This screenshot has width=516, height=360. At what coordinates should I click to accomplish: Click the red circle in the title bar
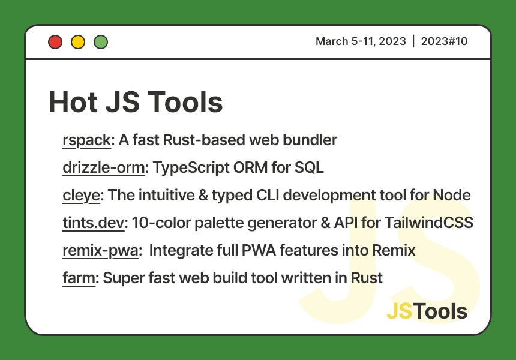click(55, 42)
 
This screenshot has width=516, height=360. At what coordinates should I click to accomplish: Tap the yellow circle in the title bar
click(78, 42)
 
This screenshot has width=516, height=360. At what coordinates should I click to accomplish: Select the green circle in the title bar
click(101, 42)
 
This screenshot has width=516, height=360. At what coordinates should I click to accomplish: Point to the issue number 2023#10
click(444, 41)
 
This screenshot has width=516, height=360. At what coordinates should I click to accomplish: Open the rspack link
click(86, 140)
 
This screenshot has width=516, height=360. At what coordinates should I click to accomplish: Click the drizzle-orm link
click(104, 168)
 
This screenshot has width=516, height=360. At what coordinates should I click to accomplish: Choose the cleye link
click(81, 196)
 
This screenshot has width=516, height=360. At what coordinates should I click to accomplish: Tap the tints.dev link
click(93, 223)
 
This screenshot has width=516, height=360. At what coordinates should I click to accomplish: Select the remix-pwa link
click(100, 251)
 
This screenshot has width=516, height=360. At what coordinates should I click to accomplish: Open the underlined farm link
click(79, 278)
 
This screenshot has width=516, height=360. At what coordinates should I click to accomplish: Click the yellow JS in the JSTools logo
click(399, 311)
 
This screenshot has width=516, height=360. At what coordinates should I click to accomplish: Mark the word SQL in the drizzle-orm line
click(309, 168)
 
